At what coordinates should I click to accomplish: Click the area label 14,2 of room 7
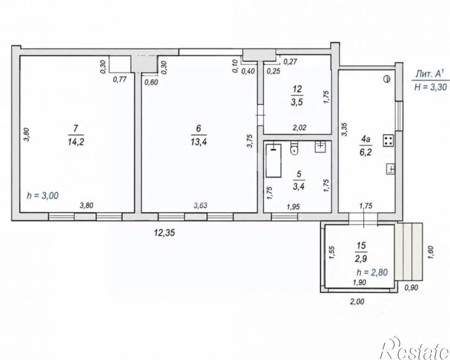tap(76, 142)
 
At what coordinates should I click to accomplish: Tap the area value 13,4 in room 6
tap(199, 142)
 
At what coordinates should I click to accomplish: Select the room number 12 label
tap(297, 89)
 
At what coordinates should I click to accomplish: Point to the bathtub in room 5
tap(274, 161)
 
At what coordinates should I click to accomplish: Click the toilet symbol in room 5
tap(294, 149)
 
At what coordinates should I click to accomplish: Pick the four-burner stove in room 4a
tap(389, 141)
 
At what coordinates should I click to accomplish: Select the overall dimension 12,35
tap(164, 233)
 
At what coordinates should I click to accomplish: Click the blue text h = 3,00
tap(42, 196)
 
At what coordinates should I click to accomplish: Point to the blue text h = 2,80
tap(372, 272)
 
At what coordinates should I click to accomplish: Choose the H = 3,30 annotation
tap(431, 86)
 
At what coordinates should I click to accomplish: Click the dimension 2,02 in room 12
tap(299, 127)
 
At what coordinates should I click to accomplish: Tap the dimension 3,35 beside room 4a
tap(344, 129)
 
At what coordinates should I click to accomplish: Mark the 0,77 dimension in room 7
tap(120, 79)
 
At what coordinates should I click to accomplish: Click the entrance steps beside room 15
tap(408, 251)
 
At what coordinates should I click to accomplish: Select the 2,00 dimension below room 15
tap(358, 302)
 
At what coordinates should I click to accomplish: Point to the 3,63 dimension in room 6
tap(200, 205)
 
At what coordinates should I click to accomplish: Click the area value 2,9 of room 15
tap(361, 259)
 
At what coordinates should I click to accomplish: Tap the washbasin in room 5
tap(320, 147)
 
